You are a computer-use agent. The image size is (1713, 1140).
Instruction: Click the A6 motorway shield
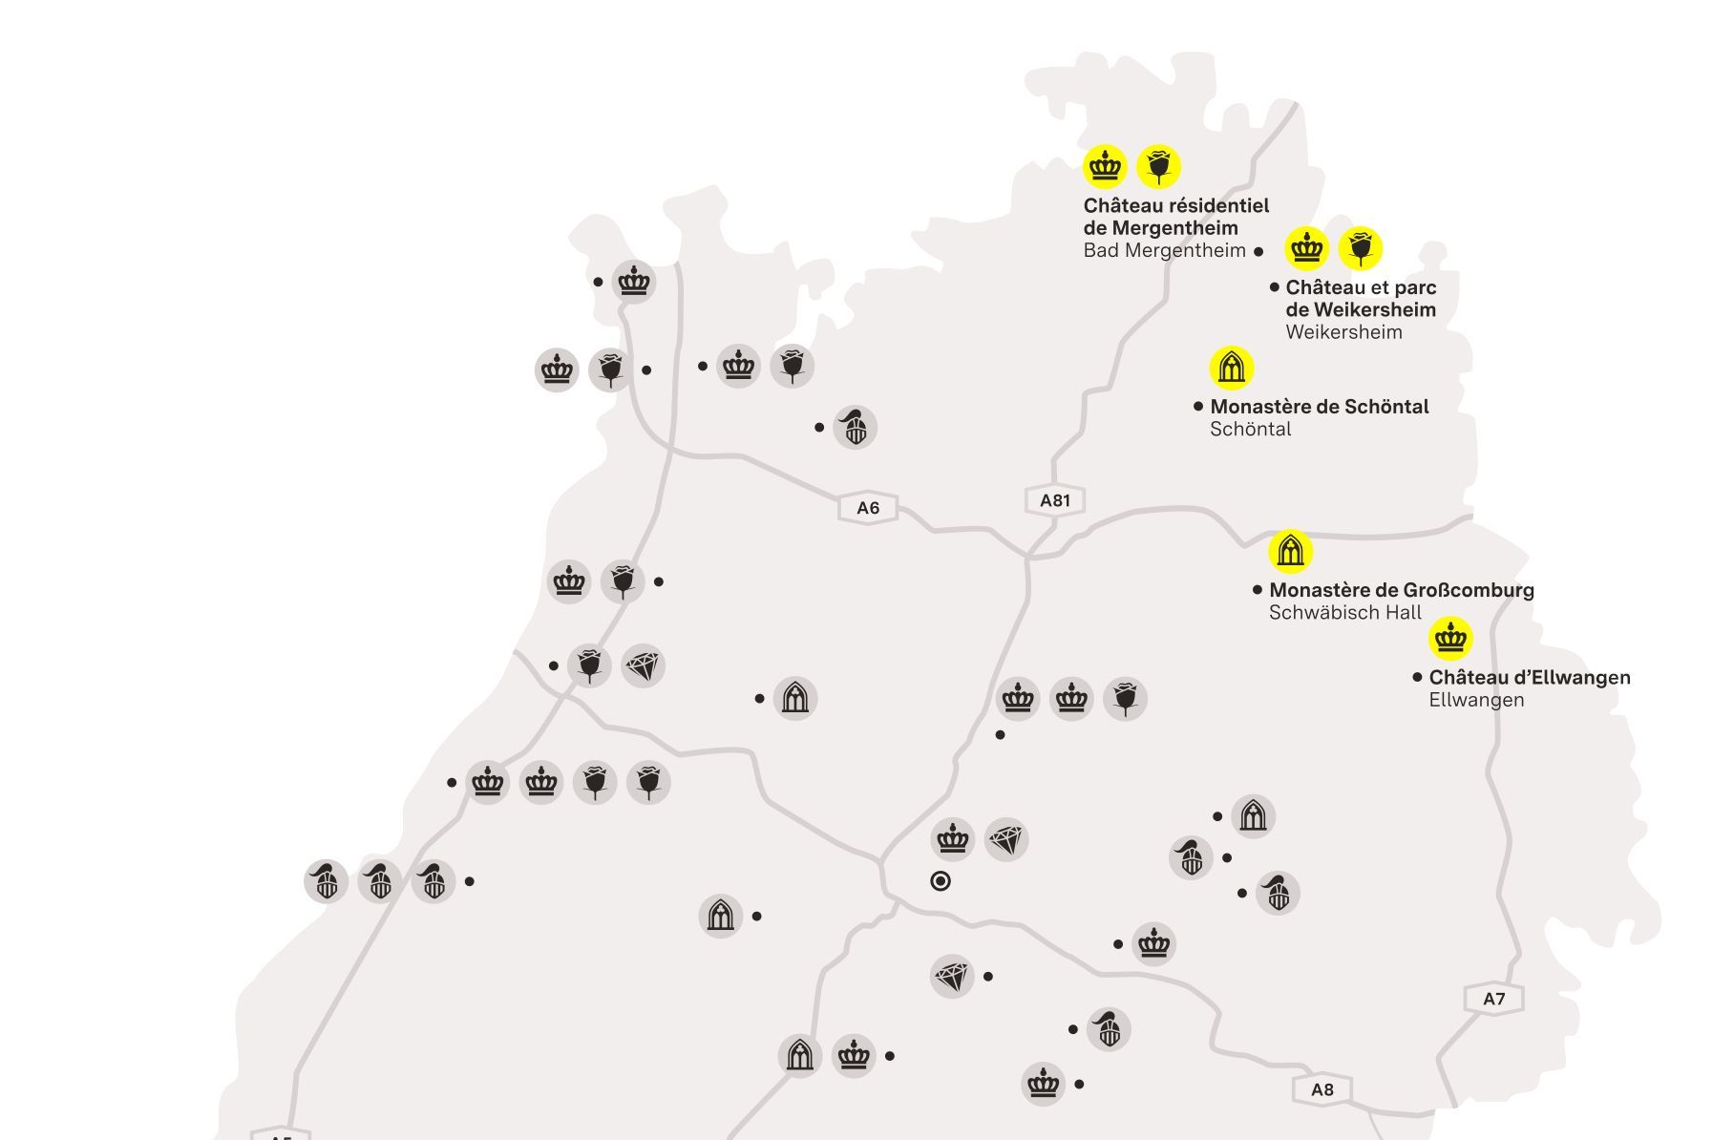[867, 508]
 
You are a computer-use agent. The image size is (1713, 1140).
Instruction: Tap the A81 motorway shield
[1054, 500]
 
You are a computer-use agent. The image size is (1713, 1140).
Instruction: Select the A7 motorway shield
[1493, 999]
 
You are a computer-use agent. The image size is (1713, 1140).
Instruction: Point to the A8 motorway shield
[1322, 1089]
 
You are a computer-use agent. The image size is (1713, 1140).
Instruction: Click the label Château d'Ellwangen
[1529, 677]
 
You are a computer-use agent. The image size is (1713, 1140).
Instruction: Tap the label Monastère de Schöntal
[1319, 406]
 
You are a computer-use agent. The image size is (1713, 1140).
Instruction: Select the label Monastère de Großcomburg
[1401, 589]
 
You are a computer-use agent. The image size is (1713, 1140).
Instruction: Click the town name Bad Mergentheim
[1164, 250]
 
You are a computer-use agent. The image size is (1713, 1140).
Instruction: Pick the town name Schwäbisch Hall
[1344, 612]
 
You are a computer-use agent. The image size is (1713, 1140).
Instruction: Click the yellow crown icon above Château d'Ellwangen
[1450, 638]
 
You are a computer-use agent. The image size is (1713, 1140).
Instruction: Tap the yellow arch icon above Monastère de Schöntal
[1231, 368]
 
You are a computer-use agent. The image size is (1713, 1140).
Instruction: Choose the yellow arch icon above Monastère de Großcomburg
[1290, 551]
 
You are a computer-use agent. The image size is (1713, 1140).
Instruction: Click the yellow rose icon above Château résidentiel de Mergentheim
[1159, 167]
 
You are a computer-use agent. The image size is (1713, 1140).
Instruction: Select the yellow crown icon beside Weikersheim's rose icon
[1306, 248]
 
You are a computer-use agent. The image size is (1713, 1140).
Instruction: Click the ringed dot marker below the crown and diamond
[941, 881]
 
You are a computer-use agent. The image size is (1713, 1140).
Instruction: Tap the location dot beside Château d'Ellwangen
[1417, 677]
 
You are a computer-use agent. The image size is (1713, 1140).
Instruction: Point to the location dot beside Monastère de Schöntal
[1198, 406]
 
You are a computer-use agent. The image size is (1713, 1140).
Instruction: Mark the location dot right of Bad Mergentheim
[1258, 252]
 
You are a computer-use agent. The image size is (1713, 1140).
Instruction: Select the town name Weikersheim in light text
[1343, 332]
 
